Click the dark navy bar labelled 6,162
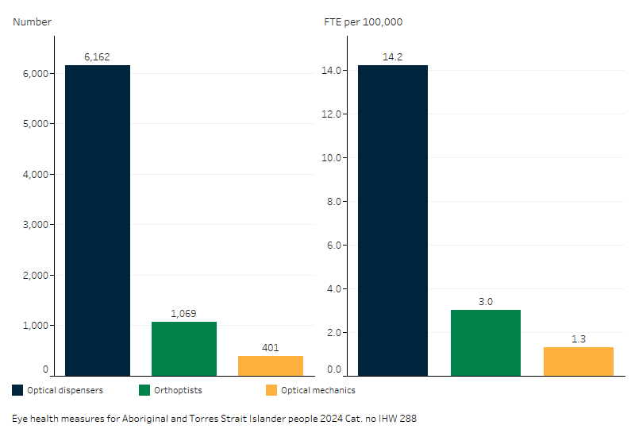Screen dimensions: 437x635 (x=97, y=220)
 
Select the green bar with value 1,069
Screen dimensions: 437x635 (x=183, y=349)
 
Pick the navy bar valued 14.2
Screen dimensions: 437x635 (x=393, y=220)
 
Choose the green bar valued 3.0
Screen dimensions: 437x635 (x=486, y=342)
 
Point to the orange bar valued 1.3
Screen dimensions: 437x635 (x=579, y=362)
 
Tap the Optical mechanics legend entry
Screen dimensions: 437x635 (x=317, y=390)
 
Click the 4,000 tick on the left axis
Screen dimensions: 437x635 (x=33, y=174)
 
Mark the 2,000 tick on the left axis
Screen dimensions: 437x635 (x=33, y=275)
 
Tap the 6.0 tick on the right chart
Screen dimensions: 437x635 (x=333, y=245)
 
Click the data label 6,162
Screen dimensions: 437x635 (x=97, y=57)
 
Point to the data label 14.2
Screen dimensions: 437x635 (x=393, y=57)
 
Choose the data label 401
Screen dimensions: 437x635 (x=271, y=347)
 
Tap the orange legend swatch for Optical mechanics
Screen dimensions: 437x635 (x=271, y=390)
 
